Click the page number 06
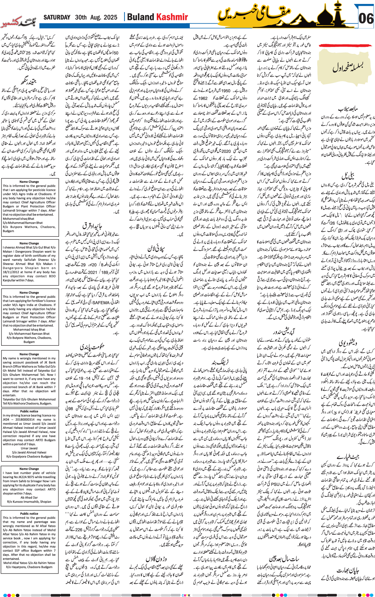[366, 19]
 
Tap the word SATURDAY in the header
[57, 17]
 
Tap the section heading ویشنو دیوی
[348, 343]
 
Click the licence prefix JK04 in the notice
[7, 420]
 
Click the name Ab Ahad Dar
[29, 497]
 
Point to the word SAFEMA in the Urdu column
[101, 302]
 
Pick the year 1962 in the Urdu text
[203, 98]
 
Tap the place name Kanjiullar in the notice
[11, 280]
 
